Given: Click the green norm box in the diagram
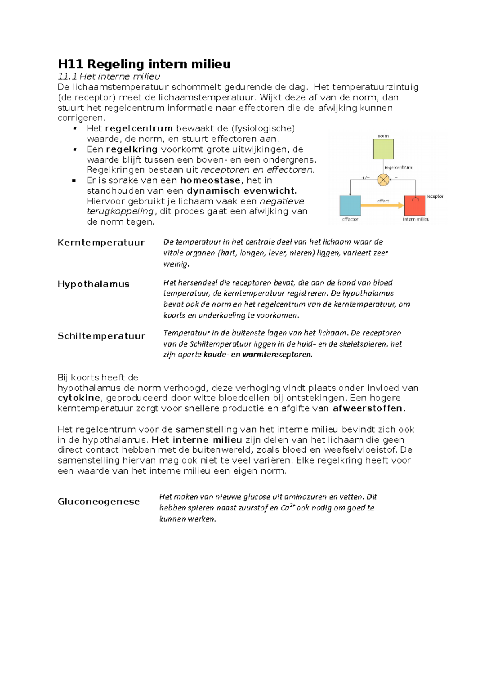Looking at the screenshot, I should [x=383, y=149].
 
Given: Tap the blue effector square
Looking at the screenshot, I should [x=350, y=206].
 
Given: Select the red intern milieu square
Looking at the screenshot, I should [x=415, y=206].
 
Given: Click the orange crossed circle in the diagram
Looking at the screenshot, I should [x=384, y=180].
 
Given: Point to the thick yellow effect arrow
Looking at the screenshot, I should [x=382, y=206].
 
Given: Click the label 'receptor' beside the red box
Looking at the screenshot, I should [x=435, y=196].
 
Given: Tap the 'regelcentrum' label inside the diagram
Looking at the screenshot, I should [x=398, y=167].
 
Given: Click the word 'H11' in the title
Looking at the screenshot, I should [x=70, y=64].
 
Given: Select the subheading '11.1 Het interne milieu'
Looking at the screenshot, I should [x=109, y=76].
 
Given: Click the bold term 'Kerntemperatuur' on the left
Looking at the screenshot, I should [x=101, y=243].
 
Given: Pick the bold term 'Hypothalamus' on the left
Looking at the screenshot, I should [x=93, y=284].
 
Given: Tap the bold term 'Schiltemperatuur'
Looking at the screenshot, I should [x=101, y=336].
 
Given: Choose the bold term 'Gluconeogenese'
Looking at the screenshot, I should [x=98, y=502].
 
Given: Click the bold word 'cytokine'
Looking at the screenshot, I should [x=79, y=398].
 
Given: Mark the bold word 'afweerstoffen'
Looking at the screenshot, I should [x=368, y=408].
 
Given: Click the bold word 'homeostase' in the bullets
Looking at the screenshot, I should [x=210, y=180].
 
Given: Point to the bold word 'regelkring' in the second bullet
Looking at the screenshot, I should [x=132, y=149].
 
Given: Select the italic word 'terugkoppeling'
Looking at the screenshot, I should [x=120, y=211].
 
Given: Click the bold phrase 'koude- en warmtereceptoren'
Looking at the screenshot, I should [x=258, y=355].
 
